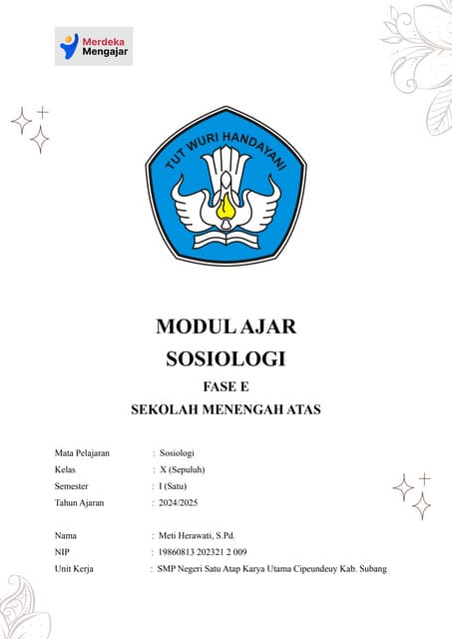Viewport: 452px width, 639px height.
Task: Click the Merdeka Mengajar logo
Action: tap(94, 46)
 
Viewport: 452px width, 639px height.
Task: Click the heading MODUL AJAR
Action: tap(226, 326)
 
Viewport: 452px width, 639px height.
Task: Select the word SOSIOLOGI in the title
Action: tap(226, 357)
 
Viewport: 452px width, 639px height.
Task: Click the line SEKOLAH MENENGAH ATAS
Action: tap(226, 409)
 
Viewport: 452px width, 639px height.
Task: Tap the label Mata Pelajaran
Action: tap(83, 452)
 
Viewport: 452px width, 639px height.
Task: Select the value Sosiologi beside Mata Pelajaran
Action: tap(177, 452)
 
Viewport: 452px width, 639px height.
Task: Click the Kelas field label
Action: tap(68, 469)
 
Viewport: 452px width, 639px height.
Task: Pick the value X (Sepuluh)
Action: tap(186, 469)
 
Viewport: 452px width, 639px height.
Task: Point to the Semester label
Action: tap(75, 486)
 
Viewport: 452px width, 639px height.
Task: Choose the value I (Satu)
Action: tap(179, 486)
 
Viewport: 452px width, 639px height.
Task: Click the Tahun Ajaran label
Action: tap(81, 502)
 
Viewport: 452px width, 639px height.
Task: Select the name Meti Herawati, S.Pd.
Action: tap(204, 535)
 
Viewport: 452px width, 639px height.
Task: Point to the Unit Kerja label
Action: tap(76, 569)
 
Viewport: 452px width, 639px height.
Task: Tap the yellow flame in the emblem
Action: tap(226, 209)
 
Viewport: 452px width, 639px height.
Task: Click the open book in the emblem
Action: tap(226, 240)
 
